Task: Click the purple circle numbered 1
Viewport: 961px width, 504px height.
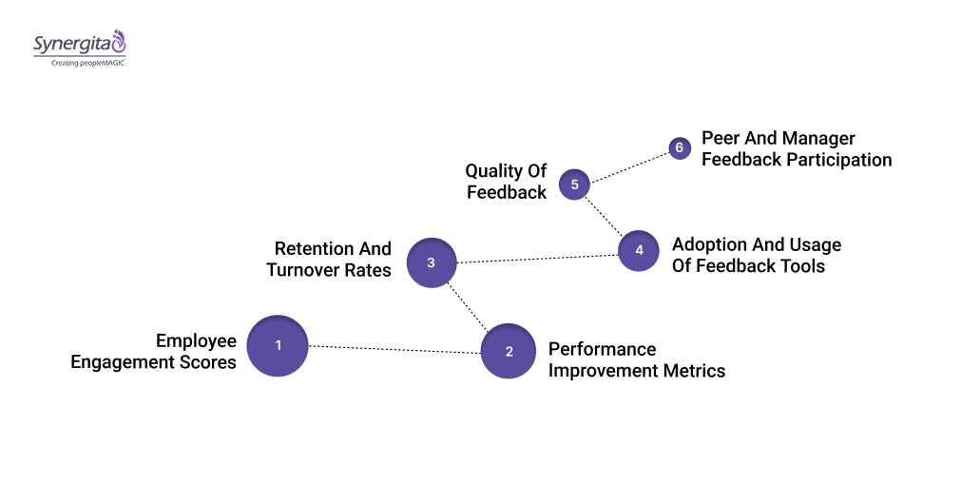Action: pyautogui.click(x=278, y=346)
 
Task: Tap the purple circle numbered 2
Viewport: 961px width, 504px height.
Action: pyautogui.click(x=509, y=351)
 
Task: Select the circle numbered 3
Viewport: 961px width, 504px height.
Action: pyautogui.click(x=431, y=262)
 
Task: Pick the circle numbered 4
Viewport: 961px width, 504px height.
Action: pyautogui.click(x=639, y=251)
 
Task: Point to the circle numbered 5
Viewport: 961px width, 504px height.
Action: pyautogui.click(x=574, y=184)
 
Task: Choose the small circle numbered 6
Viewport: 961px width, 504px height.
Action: pyautogui.click(x=679, y=148)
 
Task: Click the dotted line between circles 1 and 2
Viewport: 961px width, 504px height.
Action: pyautogui.click(x=394, y=349)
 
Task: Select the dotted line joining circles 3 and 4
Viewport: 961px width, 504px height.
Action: pyautogui.click(x=537, y=258)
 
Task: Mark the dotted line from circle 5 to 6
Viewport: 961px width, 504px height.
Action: pyautogui.click(x=627, y=165)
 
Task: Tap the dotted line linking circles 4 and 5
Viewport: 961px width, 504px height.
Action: pyautogui.click(x=605, y=216)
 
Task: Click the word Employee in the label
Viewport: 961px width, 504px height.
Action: pyautogui.click(x=196, y=341)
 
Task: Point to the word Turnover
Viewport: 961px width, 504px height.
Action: pyautogui.click(x=301, y=270)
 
